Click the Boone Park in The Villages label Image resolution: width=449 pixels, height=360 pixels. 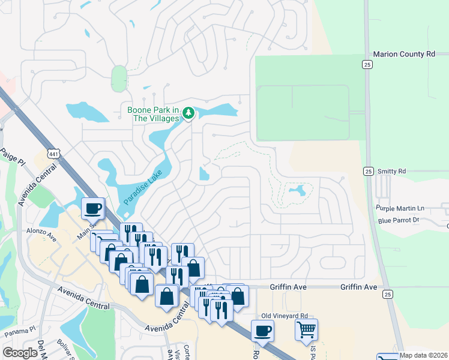pyautogui.click(x=153, y=114)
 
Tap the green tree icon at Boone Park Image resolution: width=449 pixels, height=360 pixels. pyautogui.click(x=188, y=113)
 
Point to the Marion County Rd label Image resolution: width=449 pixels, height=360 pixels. pyautogui.click(x=403, y=54)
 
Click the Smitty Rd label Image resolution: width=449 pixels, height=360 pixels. pyautogui.click(x=392, y=172)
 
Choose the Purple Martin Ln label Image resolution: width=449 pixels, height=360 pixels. pyautogui.click(x=400, y=208)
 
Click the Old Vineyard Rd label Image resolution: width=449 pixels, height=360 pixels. pyautogui.click(x=285, y=316)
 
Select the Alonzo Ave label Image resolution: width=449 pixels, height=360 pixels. pyautogui.click(x=40, y=234)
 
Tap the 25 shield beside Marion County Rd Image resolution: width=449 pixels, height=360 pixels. pyautogui.click(x=367, y=64)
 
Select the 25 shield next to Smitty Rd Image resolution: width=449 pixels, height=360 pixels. pyautogui.click(x=368, y=172)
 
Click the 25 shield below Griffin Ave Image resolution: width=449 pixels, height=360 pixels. pyautogui.click(x=388, y=294)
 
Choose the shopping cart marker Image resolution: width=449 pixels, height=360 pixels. pyautogui.click(x=306, y=329)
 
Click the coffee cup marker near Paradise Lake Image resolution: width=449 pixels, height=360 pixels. pyautogui.click(x=93, y=208)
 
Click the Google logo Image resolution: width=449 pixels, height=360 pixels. pyautogui.click(x=20, y=353)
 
